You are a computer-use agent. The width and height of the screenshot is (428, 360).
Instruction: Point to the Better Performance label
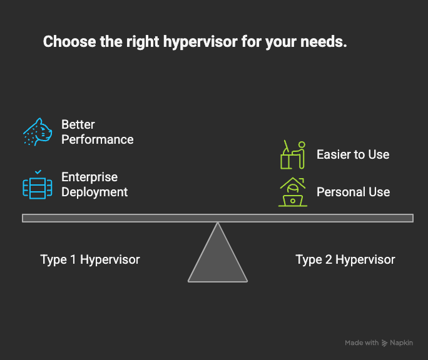click(x=97, y=132)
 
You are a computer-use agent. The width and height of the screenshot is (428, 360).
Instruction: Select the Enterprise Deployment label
click(x=94, y=184)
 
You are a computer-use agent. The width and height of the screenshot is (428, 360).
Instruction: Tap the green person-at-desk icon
click(x=292, y=154)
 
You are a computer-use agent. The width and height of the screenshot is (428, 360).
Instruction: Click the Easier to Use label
click(x=353, y=154)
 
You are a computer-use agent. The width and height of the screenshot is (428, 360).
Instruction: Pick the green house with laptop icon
click(x=292, y=192)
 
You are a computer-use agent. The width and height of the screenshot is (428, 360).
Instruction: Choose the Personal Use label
click(x=353, y=192)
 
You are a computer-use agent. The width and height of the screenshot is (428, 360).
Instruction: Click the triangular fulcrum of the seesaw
click(x=217, y=256)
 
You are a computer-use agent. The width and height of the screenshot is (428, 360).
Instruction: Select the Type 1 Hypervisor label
click(x=90, y=259)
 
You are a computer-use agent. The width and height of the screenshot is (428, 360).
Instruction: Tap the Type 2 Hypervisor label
click(x=345, y=259)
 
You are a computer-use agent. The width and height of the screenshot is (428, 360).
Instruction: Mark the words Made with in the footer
click(x=361, y=343)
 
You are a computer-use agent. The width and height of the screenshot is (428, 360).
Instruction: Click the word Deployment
click(x=94, y=192)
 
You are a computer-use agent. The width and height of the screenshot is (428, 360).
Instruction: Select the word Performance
click(x=97, y=139)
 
